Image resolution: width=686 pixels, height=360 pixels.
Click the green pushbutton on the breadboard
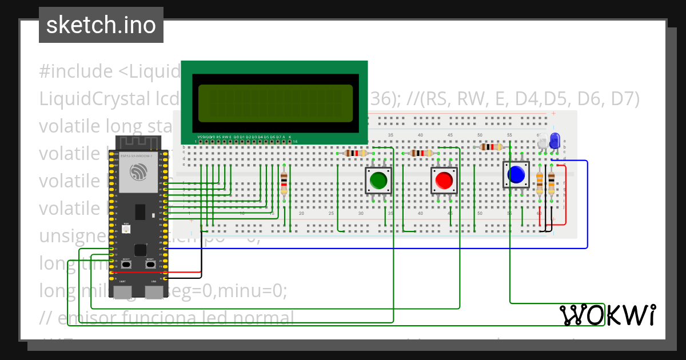[378, 180]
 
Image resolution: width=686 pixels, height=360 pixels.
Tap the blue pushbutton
[516, 174]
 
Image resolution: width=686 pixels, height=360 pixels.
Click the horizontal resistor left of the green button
[356, 153]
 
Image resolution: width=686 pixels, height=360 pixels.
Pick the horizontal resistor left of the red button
[421, 153]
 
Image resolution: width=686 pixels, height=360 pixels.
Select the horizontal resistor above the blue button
[490, 147]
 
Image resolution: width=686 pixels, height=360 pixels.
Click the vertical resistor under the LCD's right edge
[284, 183]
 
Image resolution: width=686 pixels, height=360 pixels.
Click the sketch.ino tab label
[101, 25]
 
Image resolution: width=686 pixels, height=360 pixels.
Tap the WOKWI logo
[607, 315]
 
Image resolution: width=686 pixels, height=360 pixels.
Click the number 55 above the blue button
[509, 135]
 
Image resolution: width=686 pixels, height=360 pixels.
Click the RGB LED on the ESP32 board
[126, 229]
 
